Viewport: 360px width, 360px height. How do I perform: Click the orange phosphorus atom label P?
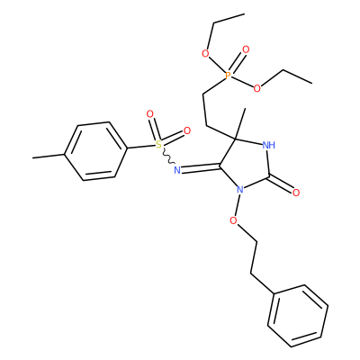click(x=228, y=76)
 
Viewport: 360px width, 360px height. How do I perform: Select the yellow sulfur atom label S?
click(x=158, y=145)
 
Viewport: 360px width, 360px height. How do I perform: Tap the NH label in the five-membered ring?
click(x=268, y=146)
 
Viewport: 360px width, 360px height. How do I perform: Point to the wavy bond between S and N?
click(x=167, y=157)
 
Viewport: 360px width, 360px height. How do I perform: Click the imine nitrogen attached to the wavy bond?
click(x=177, y=170)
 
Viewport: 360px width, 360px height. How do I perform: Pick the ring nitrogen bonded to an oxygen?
click(x=239, y=189)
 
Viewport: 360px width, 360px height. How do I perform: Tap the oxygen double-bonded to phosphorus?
click(x=246, y=49)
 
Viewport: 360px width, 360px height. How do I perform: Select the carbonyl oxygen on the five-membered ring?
click(x=296, y=193)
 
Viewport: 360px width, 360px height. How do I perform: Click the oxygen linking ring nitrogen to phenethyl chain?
click(x=233, y=220)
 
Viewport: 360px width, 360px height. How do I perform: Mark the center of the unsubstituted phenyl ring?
click(x=298, y=316)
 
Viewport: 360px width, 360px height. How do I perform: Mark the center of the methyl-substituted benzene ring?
click(x=94, y=151)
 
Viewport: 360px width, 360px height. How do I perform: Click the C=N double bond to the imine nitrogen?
click(x=201, y=167)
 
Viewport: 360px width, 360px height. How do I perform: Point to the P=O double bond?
click(x=238, y=62)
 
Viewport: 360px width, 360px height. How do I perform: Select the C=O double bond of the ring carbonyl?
click(x=281, y=184)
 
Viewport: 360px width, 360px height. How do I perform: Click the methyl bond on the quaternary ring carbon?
click(x=240, y=123)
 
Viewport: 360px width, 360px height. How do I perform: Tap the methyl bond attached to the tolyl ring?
click(x=49, y=156)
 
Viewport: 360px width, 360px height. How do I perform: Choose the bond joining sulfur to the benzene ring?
click(x=140, y=147)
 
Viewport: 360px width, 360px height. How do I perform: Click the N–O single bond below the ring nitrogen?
click(x=237, y=205)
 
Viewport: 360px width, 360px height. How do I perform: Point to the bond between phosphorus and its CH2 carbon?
click(x=214, y=85)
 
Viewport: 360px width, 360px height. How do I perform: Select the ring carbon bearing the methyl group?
click(x=235, y=139)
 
